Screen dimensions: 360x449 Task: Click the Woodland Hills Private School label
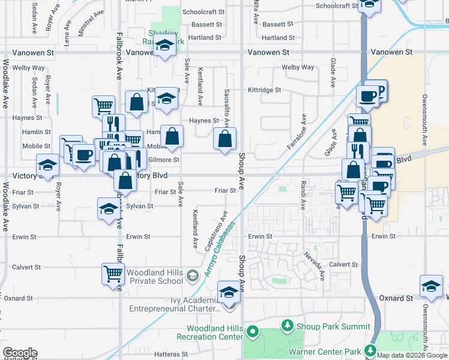tap(155, 276)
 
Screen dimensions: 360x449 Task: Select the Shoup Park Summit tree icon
tap(288, 326)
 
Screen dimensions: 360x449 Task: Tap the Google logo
tap(20, 353)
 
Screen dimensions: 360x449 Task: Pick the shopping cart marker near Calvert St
tap(113, 274)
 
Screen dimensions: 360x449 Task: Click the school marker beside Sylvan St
tap(109, 209)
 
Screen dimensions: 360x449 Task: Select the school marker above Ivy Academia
tap(229, 292)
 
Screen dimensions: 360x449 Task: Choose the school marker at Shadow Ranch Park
tap(164, 46)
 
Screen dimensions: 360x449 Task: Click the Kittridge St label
tap(265, 90)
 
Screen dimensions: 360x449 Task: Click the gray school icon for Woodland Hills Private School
tap(193, 276)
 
